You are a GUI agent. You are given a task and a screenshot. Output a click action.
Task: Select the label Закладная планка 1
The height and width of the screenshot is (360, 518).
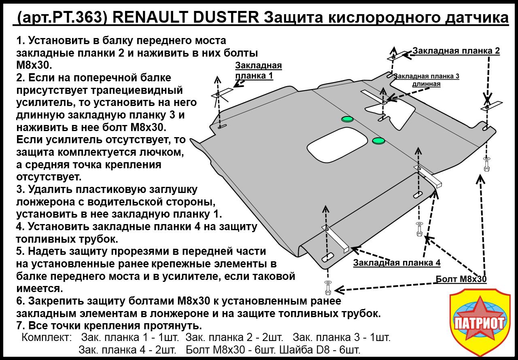tap(258, 70)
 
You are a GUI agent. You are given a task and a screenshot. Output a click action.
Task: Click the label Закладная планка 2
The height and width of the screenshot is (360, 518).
tap(456, 51)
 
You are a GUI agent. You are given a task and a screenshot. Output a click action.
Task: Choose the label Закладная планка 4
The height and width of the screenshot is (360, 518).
tap(397, 263)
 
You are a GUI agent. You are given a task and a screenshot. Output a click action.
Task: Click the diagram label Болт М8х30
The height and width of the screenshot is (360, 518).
tap(461, 279)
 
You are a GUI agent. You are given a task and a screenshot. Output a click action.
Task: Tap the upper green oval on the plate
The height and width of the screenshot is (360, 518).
tap(347, 119)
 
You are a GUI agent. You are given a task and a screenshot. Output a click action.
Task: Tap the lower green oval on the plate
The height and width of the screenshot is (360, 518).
tap(378, 140)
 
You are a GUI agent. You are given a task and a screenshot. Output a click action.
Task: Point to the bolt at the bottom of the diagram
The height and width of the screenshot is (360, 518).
tap(327, 288)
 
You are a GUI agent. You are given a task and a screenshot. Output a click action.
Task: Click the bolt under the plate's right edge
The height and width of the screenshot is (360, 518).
tap(486, 163)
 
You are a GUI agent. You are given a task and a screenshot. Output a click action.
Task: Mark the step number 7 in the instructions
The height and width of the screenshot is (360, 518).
tap(20, 326)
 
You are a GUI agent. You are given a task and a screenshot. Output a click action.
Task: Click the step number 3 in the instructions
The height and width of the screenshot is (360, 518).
tap(20, 189)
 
